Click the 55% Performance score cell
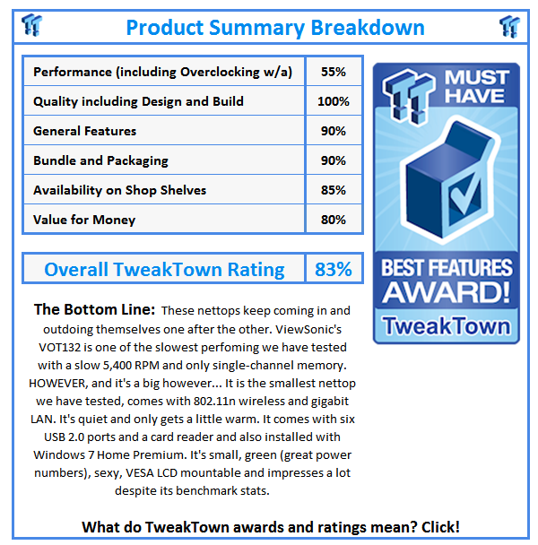pos(333,72)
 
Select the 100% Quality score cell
pos(333,101)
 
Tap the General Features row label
pos(85,131)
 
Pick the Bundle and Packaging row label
pos(100,160)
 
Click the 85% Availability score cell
pos(333,190)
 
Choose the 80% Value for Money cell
pos(333,220)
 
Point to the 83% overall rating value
pos(333,269)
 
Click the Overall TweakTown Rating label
pos(164,269)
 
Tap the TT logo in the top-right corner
pos(509,26)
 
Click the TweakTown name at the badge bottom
pos(447,324)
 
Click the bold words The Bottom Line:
pos(94,310)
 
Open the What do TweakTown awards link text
pos(271,527)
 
